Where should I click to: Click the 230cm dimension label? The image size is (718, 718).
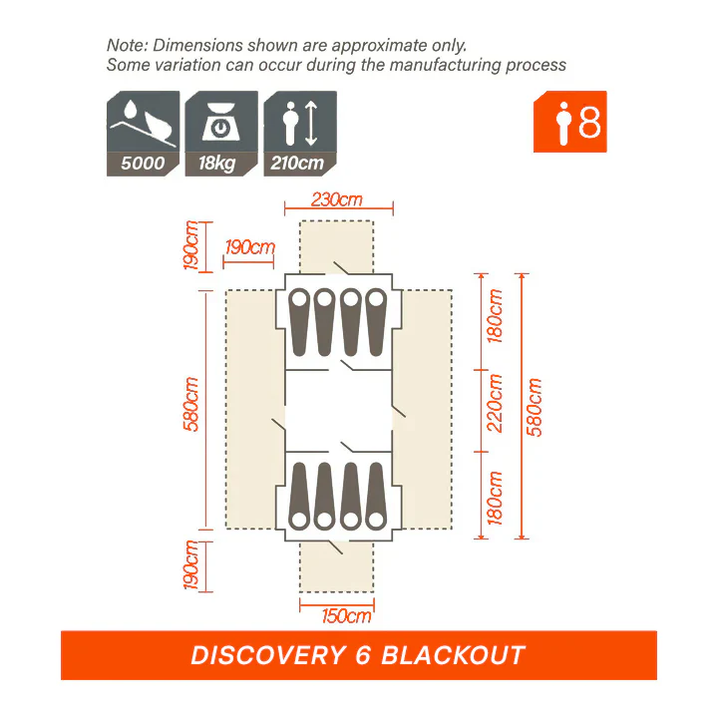[336, 199]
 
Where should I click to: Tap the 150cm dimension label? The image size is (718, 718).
[346, 615]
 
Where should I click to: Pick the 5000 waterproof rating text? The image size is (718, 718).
[143, 163]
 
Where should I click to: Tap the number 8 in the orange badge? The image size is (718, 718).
[589, 123]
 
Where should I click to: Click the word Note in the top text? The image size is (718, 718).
[126, 45]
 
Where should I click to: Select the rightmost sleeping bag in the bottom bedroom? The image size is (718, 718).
[376, 495]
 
